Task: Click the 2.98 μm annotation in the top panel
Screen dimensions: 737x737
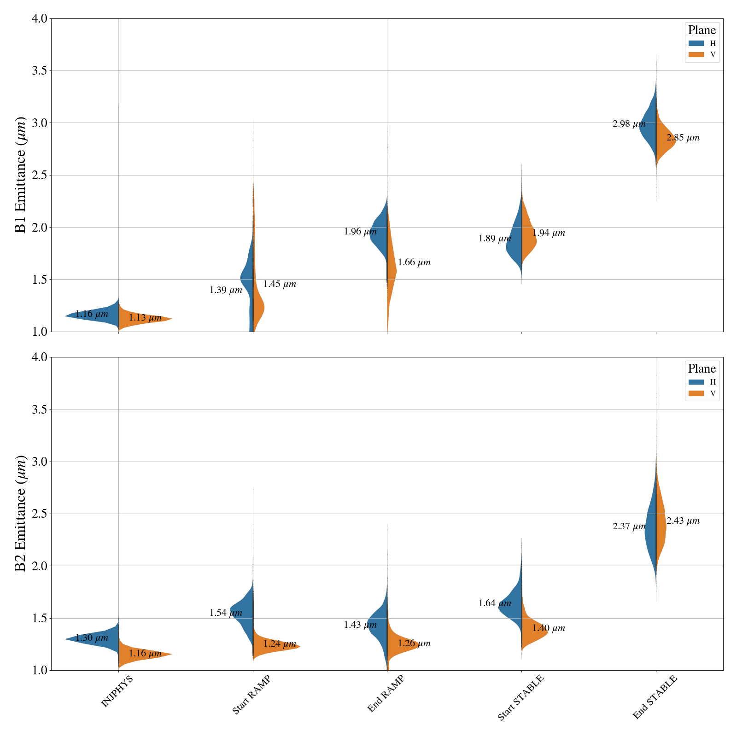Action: click(x=629, y=124)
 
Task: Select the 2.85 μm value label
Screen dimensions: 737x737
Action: click(x=683, y=138)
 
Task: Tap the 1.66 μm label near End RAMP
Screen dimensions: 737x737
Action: click(x=414, y=263)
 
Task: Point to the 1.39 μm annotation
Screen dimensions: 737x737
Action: click(x=226, y=290)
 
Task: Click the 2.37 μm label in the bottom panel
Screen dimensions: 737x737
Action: click(x=629, y=526)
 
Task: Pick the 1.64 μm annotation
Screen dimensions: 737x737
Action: click(x=494, y=603)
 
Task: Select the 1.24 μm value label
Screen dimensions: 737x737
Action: click(x=279, y=644)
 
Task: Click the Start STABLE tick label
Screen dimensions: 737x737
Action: click(x=521, y=697)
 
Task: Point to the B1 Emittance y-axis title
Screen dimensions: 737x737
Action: click(x=20, y=175)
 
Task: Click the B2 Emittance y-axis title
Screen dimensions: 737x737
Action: click(x=20, y=514)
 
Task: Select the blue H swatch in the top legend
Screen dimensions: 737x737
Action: click(x=696, y=43)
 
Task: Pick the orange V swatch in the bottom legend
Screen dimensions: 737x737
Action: click(x=696, y=393)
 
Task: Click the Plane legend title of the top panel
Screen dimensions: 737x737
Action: click(x=702, y=30)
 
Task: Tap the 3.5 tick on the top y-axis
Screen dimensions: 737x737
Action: click(x=40, y=71)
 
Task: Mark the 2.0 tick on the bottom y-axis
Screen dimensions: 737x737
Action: click(x=40, y=566)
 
